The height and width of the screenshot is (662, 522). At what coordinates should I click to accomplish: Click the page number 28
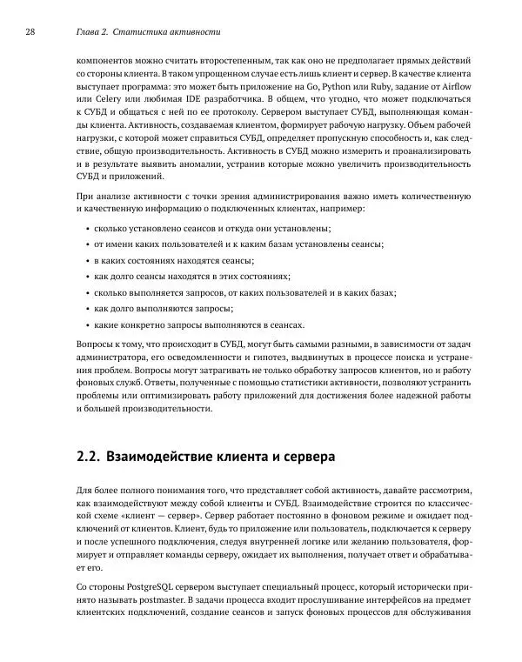coord(30,32)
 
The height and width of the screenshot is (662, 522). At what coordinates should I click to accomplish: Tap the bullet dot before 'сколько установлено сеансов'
coord(88,229)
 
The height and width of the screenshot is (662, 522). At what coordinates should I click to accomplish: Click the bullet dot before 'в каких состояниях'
coord(88,261)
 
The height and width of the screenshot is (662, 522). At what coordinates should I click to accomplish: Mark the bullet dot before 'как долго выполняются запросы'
coord(88,309)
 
